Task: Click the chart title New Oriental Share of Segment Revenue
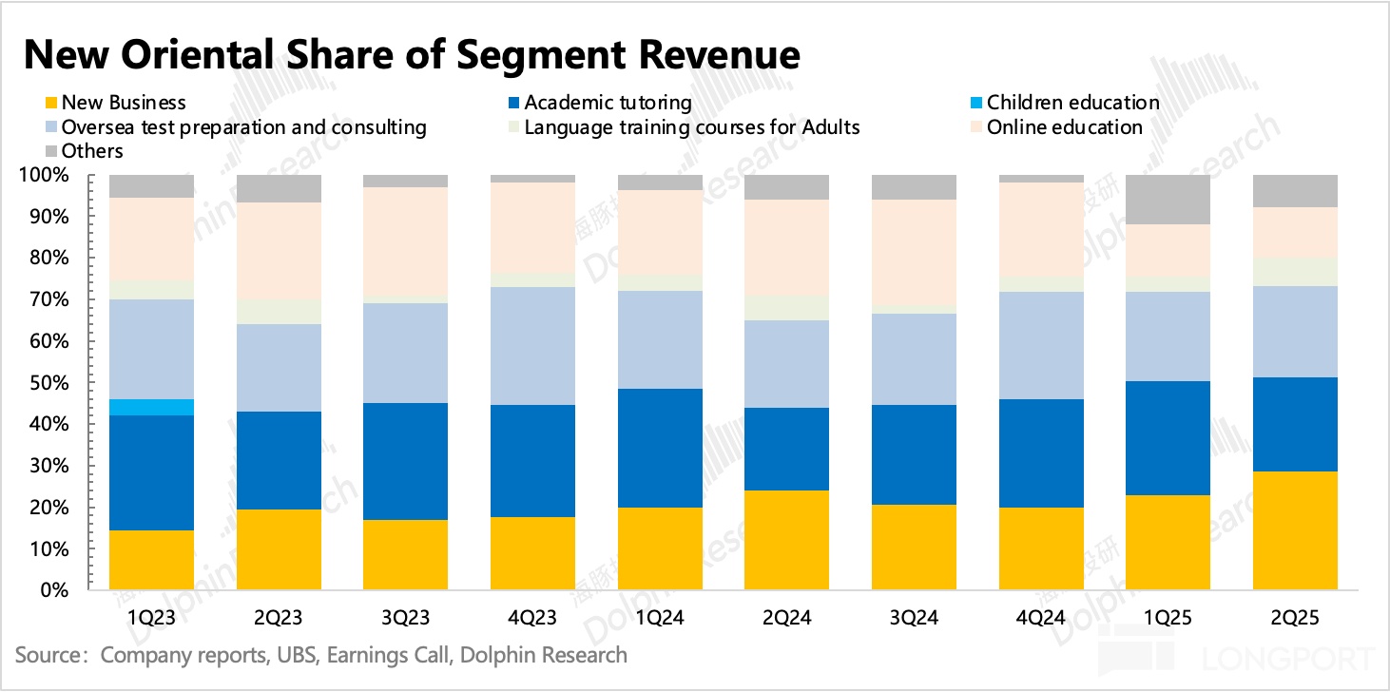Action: [x=412, y=56]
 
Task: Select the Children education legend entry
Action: [x=1072, y=103]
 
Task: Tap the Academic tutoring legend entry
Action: [x=608, y=103]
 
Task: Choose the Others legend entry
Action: [x=92, y=150]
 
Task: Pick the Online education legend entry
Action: [x=1064, y=126]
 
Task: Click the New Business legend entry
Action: [x=124, y=103]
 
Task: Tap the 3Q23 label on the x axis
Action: [x=405, y=618]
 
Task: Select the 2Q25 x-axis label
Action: [x=1295, y=618]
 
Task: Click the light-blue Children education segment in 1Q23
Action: [x=151, y=407]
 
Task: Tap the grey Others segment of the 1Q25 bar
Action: [x=1168, y=200]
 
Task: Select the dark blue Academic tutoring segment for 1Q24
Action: [x=660, y=448]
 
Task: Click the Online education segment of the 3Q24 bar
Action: [x=914, y=253]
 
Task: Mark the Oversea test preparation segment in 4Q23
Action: [x=532, y=346]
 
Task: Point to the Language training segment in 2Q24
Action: [x=786, y=308]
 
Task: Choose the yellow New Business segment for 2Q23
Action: [x=279, y=549]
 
